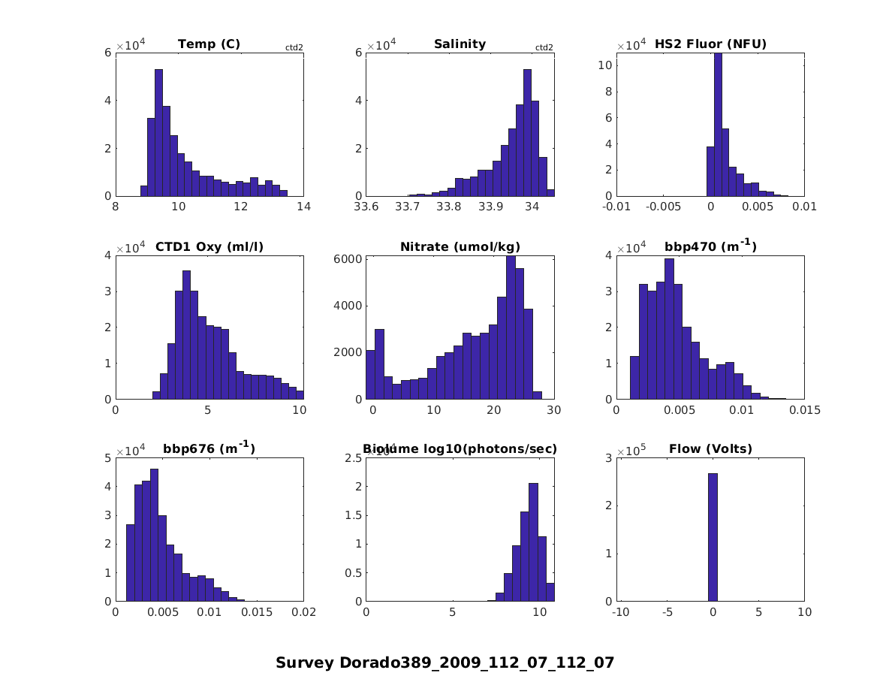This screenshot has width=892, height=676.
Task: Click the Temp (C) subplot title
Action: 209,44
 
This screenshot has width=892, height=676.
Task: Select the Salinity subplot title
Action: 460,44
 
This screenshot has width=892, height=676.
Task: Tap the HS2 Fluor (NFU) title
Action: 710,44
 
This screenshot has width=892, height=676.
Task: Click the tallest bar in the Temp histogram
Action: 158,132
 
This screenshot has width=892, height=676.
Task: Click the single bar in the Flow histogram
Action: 713,537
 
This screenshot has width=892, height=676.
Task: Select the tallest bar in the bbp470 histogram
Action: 669,328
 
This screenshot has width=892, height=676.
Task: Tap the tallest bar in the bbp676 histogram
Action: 154,535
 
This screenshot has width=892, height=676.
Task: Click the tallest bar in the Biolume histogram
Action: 533,542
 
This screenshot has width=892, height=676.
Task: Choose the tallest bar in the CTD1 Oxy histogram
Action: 186,334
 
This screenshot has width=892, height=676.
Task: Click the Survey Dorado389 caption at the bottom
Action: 444,662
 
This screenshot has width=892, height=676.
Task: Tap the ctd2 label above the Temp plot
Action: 294,47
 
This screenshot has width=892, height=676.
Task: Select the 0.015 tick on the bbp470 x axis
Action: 804,410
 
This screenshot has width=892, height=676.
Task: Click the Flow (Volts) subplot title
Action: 710,449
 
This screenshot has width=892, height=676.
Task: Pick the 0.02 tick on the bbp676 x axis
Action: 303,612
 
